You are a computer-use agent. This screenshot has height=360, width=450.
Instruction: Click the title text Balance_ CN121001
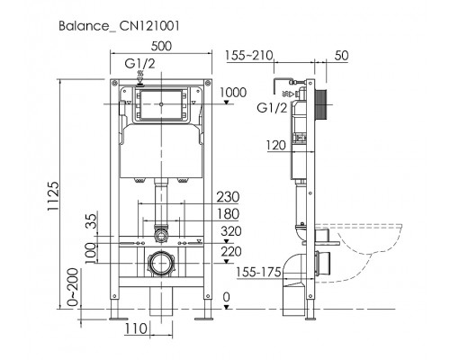coord(119,26)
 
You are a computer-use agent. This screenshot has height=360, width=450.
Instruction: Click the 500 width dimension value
coord(161,46)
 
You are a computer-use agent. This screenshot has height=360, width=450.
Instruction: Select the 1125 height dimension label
coord(53,196)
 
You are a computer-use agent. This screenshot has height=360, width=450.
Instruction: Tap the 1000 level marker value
coord(233,93)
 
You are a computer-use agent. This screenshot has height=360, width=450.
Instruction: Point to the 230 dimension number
coord(228,197)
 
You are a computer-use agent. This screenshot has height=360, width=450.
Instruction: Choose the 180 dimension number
coord(228,214)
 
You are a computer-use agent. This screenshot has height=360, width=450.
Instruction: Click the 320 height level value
coord(231,231)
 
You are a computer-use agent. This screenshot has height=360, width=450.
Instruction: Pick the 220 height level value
coord(231,252)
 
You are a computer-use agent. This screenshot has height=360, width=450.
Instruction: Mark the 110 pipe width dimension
coord(136,328)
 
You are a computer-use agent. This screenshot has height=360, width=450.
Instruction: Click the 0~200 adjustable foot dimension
coord(73,287)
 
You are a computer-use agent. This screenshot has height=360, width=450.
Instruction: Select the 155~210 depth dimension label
coord(249,56)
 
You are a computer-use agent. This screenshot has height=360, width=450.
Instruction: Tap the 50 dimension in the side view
coord(341,56)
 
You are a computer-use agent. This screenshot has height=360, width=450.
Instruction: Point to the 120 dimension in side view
coord(276,146)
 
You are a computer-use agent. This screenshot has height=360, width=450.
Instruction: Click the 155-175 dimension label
coord(258,273)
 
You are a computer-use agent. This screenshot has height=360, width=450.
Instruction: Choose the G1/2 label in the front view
coord(139,64)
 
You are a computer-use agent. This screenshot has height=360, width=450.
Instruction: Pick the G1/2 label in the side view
coord(272,108)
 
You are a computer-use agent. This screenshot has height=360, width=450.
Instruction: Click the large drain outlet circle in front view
coord(161,263)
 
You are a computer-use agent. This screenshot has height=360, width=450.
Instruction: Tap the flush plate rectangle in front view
coord(161,104)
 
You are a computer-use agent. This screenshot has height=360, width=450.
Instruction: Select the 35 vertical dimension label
coord(93,221)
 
